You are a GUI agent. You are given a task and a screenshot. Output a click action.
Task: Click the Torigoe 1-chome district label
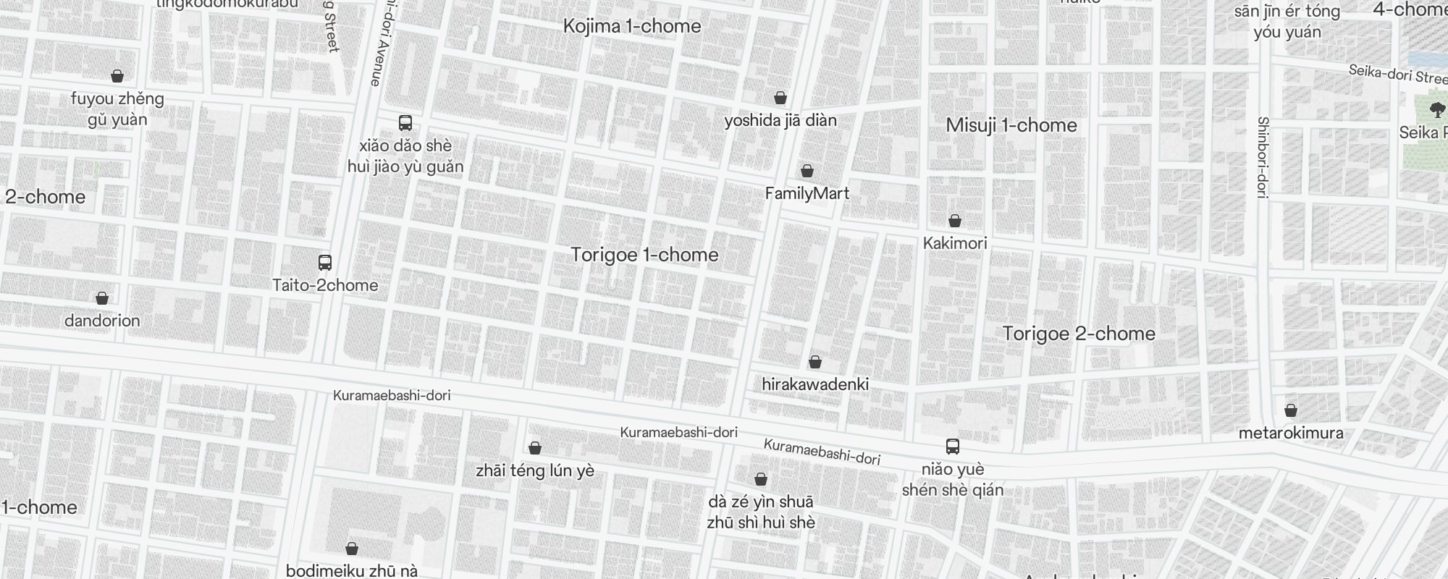(644, 255)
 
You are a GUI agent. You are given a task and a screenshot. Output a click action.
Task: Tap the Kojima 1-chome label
(632, 26)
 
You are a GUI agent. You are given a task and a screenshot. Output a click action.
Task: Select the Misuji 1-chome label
(1011, 125)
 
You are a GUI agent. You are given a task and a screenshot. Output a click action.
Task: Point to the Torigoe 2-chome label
(1079, 334)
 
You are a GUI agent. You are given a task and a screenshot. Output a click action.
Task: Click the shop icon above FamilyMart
(807, 171)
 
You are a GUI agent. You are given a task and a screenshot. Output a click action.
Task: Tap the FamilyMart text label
(807, 193)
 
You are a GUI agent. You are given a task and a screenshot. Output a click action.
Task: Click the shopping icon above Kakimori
(955, 221)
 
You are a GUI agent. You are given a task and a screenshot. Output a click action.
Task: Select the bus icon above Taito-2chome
(325, 263)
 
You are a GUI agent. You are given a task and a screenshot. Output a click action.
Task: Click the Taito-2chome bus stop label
(325, 285)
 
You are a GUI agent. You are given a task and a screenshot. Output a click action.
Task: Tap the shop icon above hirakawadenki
(815, 362)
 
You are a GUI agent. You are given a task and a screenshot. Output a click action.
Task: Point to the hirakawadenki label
(815, 384)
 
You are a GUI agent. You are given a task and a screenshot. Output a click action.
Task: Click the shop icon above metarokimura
(1291, 411)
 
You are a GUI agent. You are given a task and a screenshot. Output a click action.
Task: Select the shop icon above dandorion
(102, 298)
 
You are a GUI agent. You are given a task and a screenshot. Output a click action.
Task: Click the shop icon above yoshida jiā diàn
(780, 98)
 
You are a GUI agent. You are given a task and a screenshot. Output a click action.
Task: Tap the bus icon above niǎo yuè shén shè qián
(953, 447)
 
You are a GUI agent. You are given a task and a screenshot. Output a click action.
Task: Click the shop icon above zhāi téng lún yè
(535, 448)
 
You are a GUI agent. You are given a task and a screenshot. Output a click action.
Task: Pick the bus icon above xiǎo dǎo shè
(405, 123)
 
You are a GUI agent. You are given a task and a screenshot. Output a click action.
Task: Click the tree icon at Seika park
(1437, 110)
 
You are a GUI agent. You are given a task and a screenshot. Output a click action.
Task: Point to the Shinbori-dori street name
(1263, 158)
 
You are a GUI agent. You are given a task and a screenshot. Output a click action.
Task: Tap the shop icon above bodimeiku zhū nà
(352, 549)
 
